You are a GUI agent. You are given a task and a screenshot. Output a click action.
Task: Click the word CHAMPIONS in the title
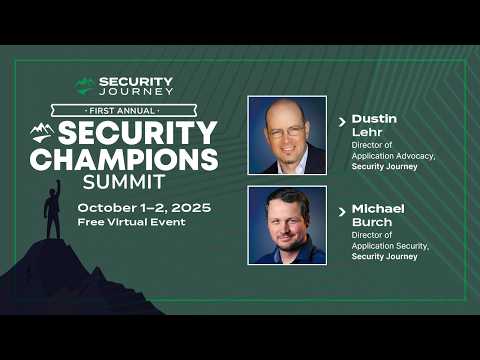pos(123,158)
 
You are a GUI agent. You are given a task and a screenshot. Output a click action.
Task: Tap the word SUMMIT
pos(126,183)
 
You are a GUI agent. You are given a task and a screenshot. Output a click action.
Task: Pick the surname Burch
pos(372,223)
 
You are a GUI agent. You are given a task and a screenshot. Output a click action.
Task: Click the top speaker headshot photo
pos(287,135)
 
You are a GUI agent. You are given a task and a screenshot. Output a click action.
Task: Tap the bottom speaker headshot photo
pos(287,225)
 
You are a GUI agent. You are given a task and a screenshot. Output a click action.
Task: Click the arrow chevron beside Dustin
pos(343,121)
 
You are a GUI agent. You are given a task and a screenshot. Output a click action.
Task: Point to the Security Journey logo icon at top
pos(85,86)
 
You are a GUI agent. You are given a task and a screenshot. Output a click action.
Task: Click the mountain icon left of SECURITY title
pos(42,131)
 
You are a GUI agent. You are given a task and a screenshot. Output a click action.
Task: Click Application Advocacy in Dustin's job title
pos(386,156)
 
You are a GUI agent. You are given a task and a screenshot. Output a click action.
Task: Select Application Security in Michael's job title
pos(388,247)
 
